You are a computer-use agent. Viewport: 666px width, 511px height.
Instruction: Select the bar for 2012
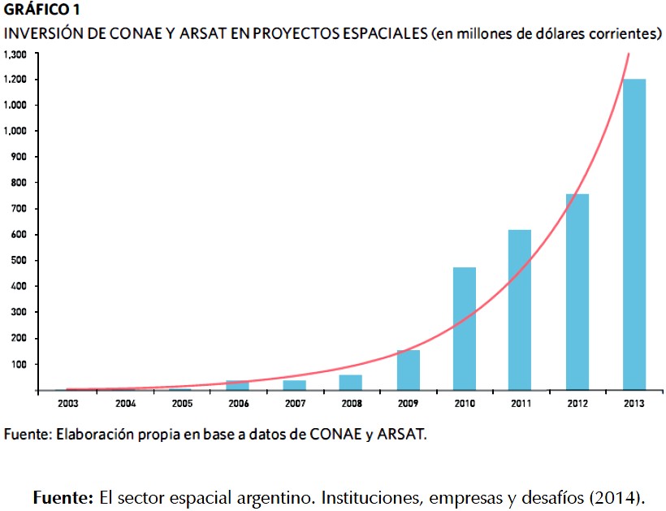click(578, 292)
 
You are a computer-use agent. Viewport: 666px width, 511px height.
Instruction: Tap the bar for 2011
click(520, 310)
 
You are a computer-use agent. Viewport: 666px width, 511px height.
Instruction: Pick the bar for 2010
click(465, 328)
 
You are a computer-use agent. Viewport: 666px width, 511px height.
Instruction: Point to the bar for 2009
click(409, 370)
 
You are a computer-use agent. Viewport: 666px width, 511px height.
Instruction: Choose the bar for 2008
click(351, 382)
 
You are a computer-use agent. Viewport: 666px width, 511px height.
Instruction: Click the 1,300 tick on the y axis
click(15, 54)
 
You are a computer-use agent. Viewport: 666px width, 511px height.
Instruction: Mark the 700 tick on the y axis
click(19, 209)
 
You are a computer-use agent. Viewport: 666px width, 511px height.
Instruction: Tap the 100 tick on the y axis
click(19, 364)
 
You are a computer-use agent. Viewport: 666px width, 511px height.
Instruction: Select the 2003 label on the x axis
click(67, 402)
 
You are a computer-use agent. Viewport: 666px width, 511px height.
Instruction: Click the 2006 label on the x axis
click(238, 402)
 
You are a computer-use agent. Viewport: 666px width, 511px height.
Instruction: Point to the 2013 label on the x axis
click(634, 402)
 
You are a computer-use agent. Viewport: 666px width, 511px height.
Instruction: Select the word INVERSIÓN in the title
click(41, 34)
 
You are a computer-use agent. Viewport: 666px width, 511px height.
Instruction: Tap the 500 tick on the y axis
click(19, 261)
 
